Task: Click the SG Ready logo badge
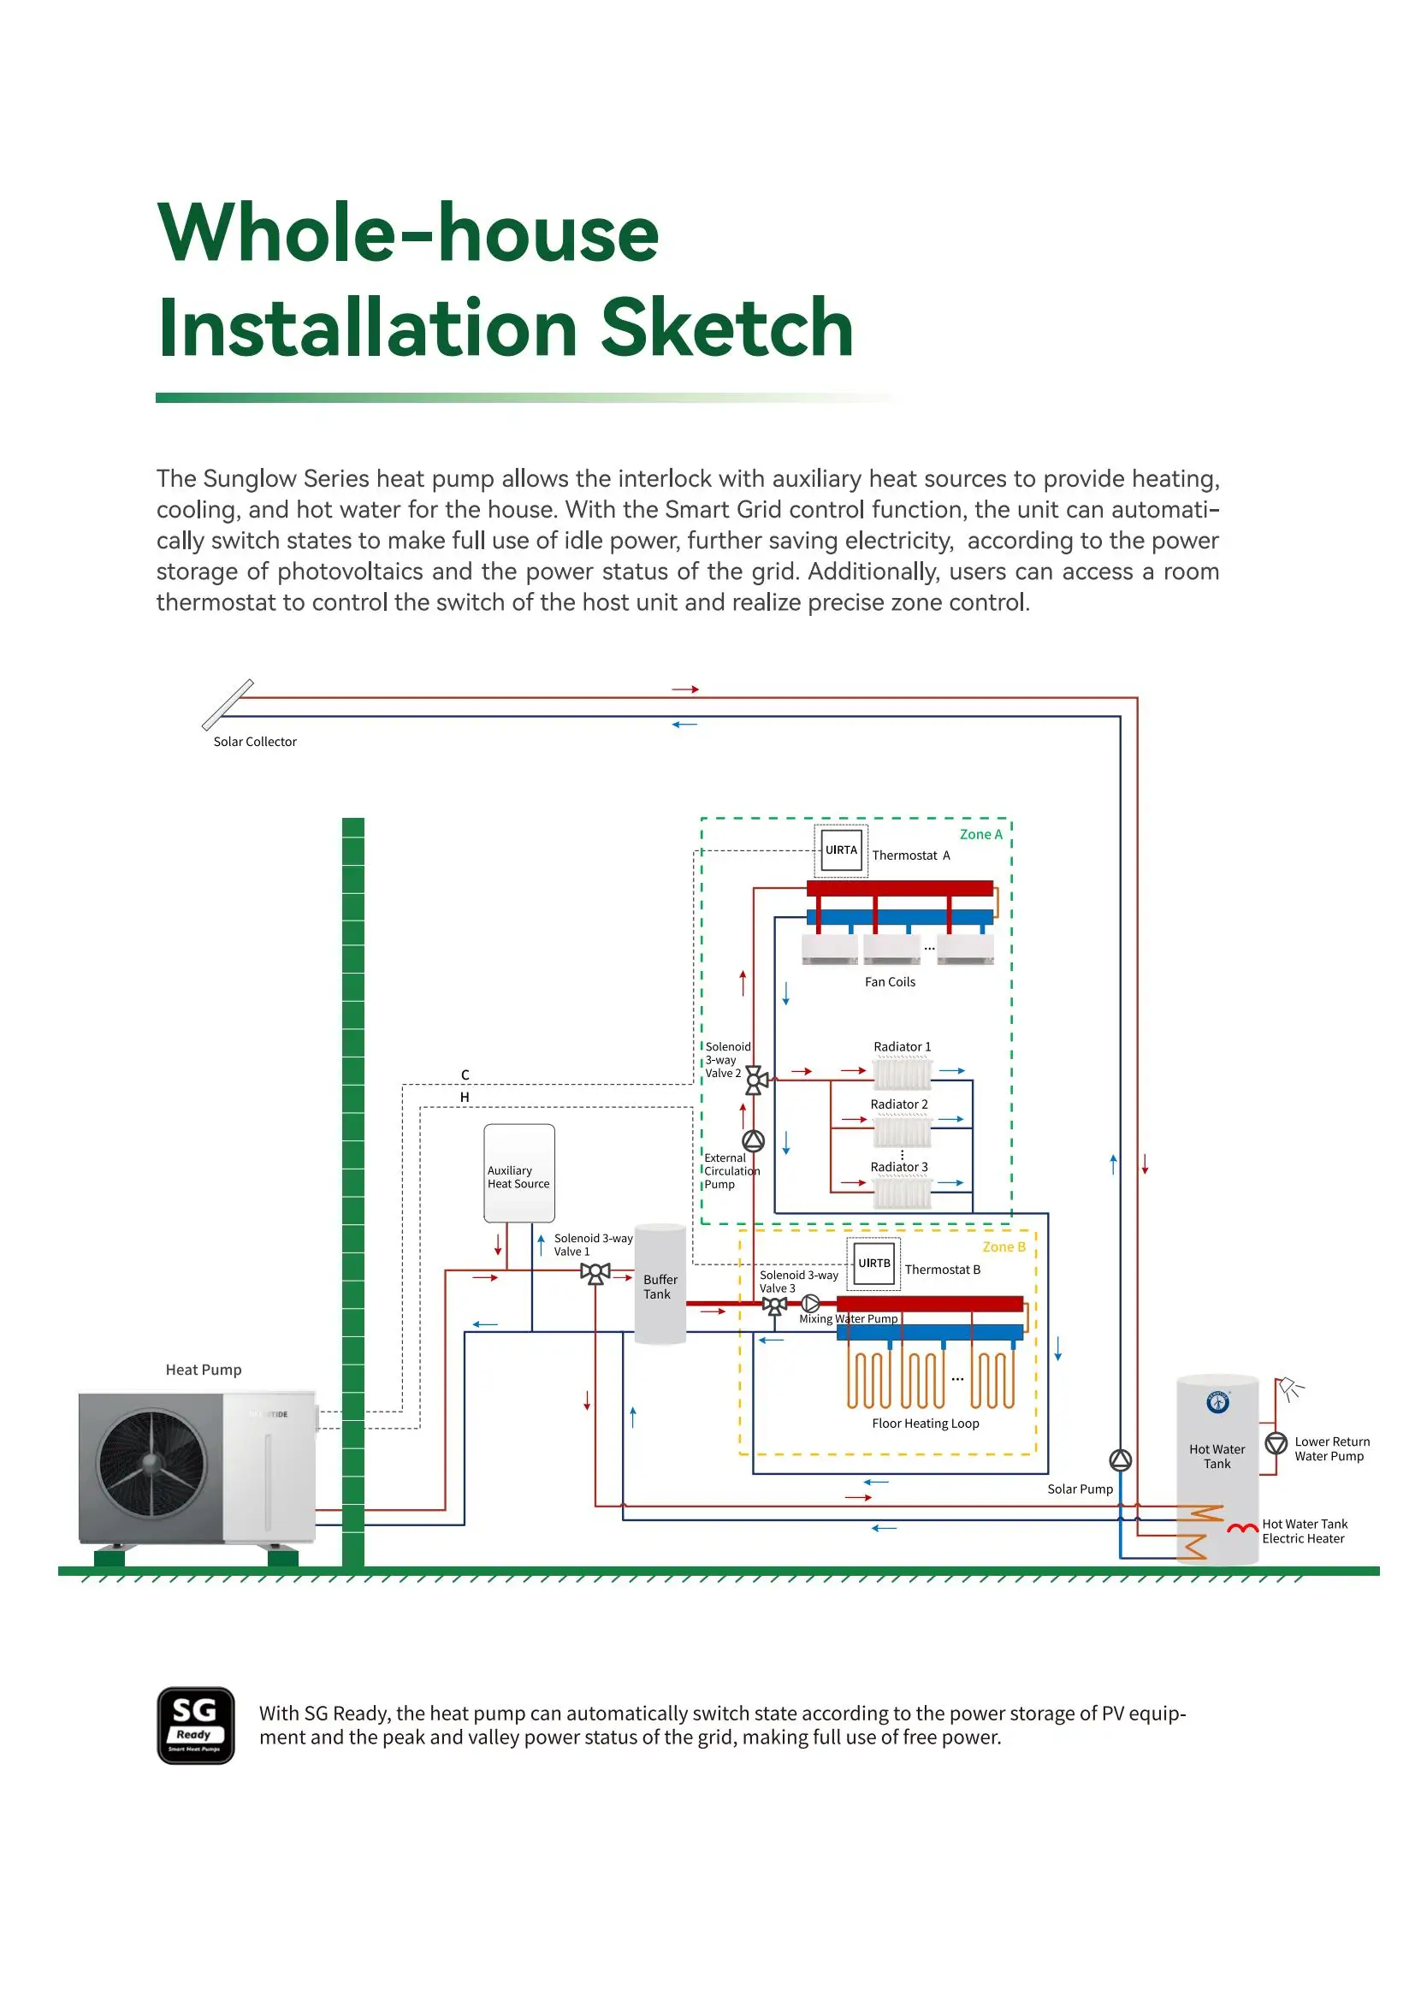click(195, 1725)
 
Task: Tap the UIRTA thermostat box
click(841, 850)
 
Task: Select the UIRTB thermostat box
click(874, 1263)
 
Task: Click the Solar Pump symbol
click(1120, 1459)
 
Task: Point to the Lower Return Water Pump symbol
click(1276, 1443)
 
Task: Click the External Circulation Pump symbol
click(753, 1141)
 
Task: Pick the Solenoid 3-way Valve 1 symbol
click(595, 1273)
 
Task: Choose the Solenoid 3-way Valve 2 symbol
click(756, 1080)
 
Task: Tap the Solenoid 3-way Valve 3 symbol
click(773, 1305)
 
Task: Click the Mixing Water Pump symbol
click(810, 1304)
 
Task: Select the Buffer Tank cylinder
click(660, 1285)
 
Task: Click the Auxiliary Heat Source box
click(519, 1172)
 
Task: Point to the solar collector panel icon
click(228, 704)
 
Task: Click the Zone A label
click(980, 834)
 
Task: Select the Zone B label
click(1004, 1247)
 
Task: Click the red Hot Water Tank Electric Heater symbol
click(1242, 1528)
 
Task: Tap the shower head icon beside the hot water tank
click(1289, 1388)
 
